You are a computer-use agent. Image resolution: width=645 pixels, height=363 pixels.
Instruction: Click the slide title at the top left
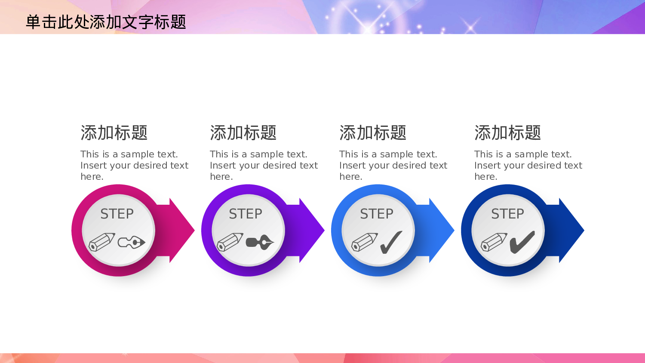[x=106, y=22]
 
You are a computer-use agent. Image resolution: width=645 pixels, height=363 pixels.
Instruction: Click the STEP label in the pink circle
[x=117, y=214]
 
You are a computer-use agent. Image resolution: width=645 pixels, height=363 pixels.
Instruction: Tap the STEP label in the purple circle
[x=246, y=214]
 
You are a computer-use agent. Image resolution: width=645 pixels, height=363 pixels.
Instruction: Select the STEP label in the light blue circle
[x=377, y=214]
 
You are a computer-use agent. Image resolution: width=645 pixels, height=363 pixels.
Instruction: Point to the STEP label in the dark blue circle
[x=508, y=214]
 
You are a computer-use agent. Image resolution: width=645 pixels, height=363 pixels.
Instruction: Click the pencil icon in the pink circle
[x=102, y=242]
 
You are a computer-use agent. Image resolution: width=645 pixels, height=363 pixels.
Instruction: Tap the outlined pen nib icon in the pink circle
[x=132, y=242]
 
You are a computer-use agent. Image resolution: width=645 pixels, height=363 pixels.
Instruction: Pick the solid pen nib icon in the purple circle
[x=260, y=242]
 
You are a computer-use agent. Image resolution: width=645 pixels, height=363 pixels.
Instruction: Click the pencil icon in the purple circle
[x=230, y=242]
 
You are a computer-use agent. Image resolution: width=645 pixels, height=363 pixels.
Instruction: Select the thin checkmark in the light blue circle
[x=391, y=242]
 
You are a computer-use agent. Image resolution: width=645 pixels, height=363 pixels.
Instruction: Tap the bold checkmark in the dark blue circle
[x=522, y=242]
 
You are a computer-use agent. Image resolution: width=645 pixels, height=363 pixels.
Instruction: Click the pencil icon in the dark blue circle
[x=494, y=242]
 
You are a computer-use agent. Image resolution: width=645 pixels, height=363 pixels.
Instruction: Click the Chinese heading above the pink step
[x=114, y=133]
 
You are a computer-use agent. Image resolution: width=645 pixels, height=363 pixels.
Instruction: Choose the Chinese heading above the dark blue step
[x=508, y=133]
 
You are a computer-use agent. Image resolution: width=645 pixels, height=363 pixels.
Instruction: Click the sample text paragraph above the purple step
[x=264, y=165]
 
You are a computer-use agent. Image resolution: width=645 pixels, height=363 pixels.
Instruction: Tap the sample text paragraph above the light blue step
[x=393, y=165]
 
